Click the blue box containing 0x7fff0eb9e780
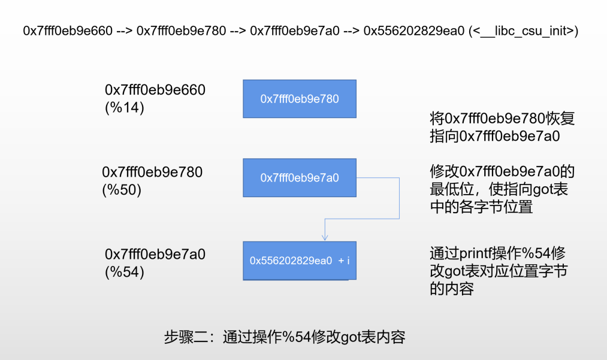point(299,99)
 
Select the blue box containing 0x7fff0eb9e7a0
point(299,178)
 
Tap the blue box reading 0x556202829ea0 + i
point(299,261)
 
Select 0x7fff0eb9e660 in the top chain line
point(68,31)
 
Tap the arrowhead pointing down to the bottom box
point(325,238)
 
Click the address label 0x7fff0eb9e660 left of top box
point(155,90)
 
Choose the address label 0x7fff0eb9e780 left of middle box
point(152,173)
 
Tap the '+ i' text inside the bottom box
point(343,261)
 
